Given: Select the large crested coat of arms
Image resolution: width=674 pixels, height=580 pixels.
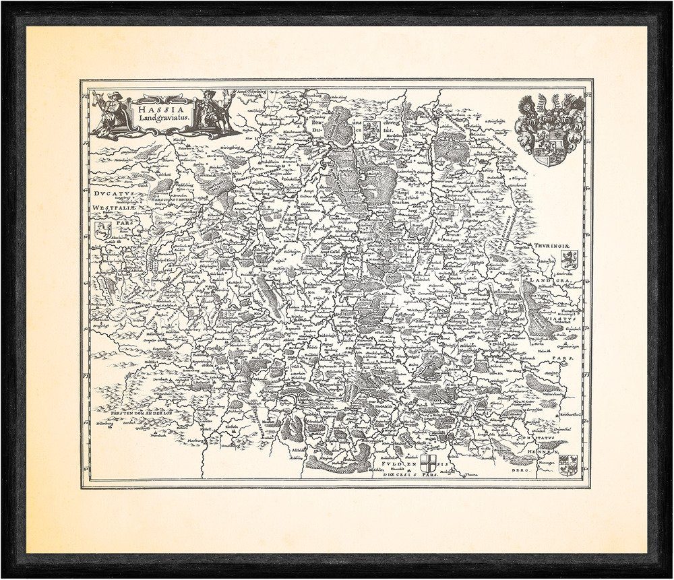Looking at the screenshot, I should (549, 130).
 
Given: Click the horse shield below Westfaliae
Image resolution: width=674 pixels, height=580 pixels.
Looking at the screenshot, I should (103, 230).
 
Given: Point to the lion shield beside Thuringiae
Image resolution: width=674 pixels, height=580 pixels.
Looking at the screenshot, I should (568, 260).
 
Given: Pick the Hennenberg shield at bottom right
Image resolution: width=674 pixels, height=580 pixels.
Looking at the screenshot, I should (568, 464).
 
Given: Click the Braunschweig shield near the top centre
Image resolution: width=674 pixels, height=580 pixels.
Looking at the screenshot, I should (370, 133).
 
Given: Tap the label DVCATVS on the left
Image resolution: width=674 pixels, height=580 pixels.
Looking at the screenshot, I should (114, 193).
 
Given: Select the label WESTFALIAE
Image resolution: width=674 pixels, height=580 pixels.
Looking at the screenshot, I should (113, 208).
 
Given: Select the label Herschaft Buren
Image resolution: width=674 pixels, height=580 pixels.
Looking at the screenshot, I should (173, 200).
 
